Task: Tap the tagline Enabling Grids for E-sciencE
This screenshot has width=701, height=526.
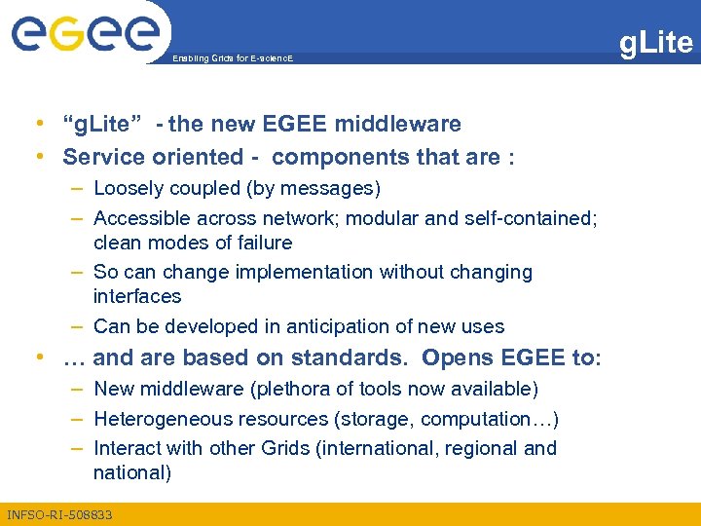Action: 232,59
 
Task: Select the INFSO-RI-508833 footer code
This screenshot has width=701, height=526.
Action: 59,514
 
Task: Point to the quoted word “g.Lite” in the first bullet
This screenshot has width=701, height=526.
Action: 103,124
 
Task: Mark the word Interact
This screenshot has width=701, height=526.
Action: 128,448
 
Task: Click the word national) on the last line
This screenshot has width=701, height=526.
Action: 132,472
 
